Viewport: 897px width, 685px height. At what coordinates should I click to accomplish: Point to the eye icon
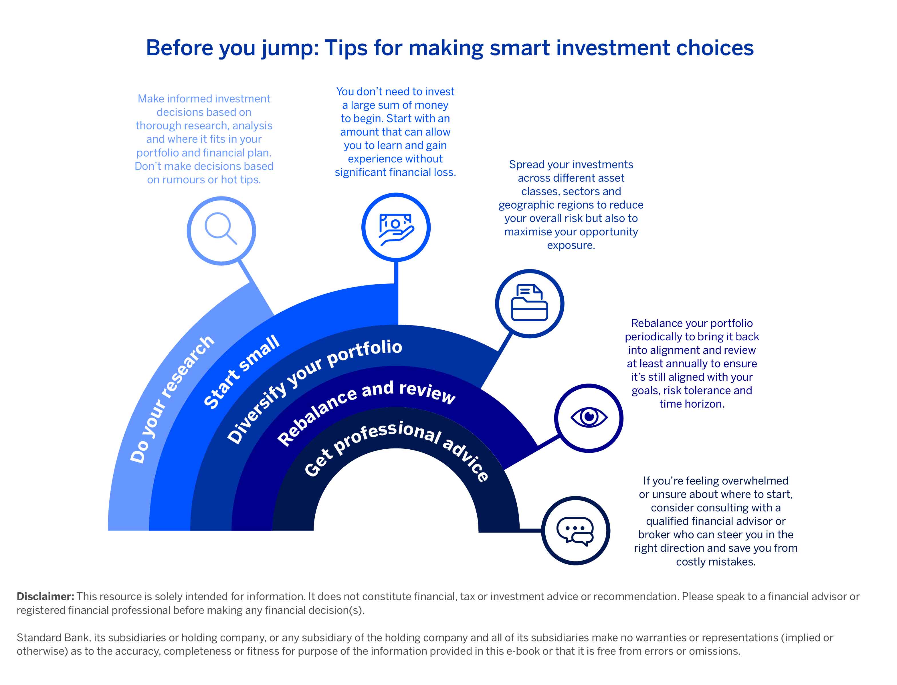point(588,417)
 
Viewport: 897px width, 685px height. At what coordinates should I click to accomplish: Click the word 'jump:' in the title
point(290,48)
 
